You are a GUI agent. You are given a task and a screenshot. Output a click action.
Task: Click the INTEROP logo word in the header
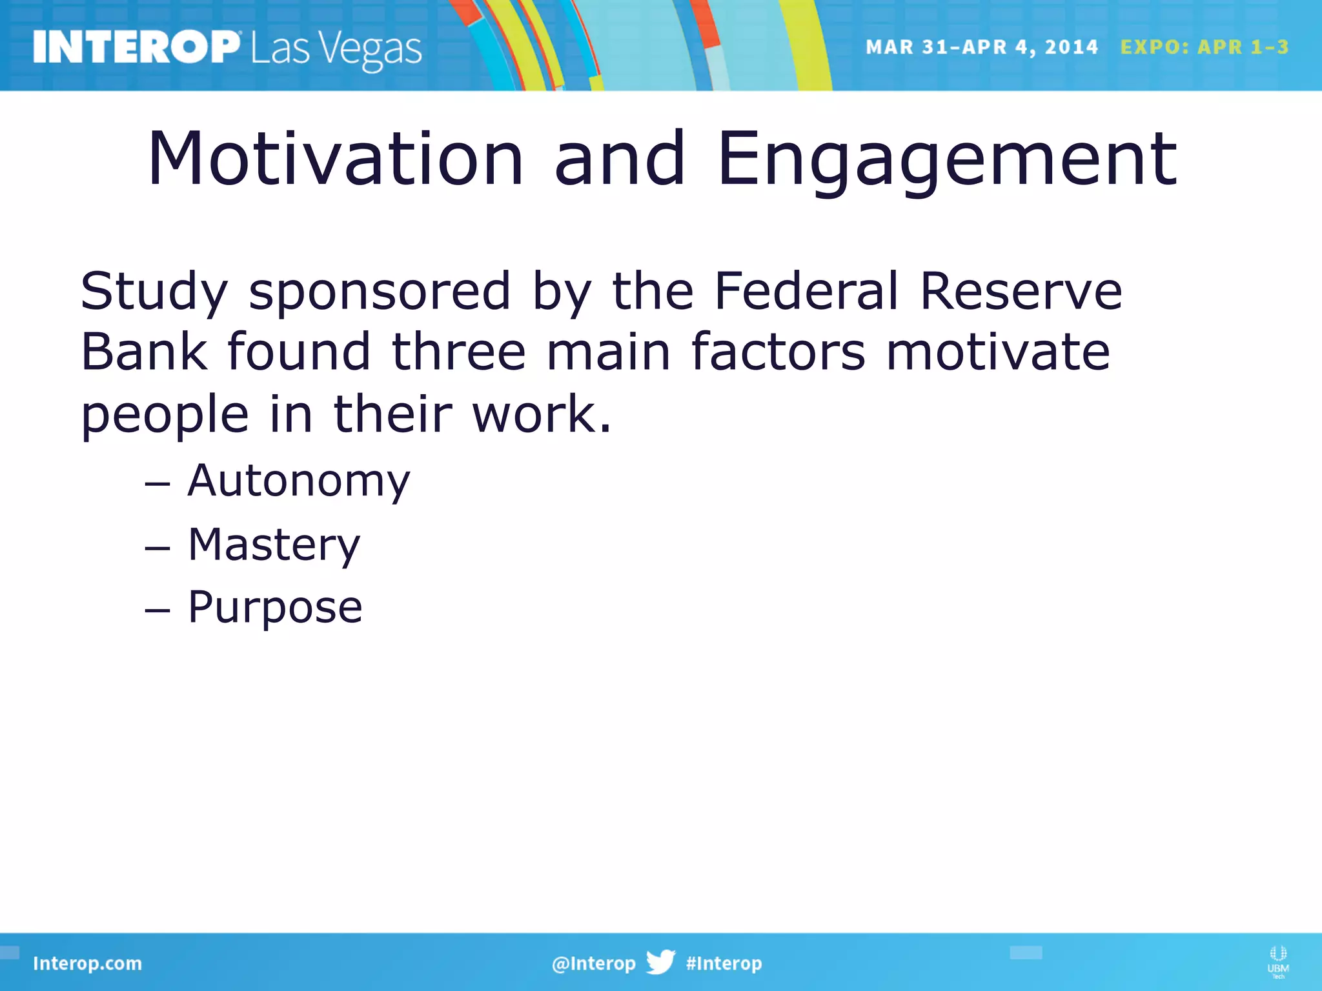point(136,47)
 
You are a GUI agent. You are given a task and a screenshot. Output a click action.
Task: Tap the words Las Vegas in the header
point(336,49)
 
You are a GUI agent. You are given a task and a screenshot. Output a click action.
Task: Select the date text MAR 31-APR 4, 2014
point(981,47)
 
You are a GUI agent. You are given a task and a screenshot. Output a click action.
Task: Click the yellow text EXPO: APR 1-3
point(1204,47)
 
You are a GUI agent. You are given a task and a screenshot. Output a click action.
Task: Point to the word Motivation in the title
point(336,159)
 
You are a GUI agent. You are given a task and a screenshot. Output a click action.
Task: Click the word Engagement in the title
point(948,159)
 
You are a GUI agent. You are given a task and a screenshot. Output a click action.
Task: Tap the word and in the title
point(620,159)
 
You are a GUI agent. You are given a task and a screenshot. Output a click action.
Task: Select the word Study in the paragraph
point(154,292)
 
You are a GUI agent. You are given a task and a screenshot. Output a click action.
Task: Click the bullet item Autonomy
point(298,481)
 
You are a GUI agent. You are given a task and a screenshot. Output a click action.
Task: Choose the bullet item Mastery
point(274,545)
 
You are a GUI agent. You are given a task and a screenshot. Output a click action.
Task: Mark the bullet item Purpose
point(275,608)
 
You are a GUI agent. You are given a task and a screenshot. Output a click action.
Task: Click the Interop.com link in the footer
point(87,963)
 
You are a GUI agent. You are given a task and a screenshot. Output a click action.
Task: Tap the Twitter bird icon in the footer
point(660,962)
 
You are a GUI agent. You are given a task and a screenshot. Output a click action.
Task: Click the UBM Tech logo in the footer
point(1277,961)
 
